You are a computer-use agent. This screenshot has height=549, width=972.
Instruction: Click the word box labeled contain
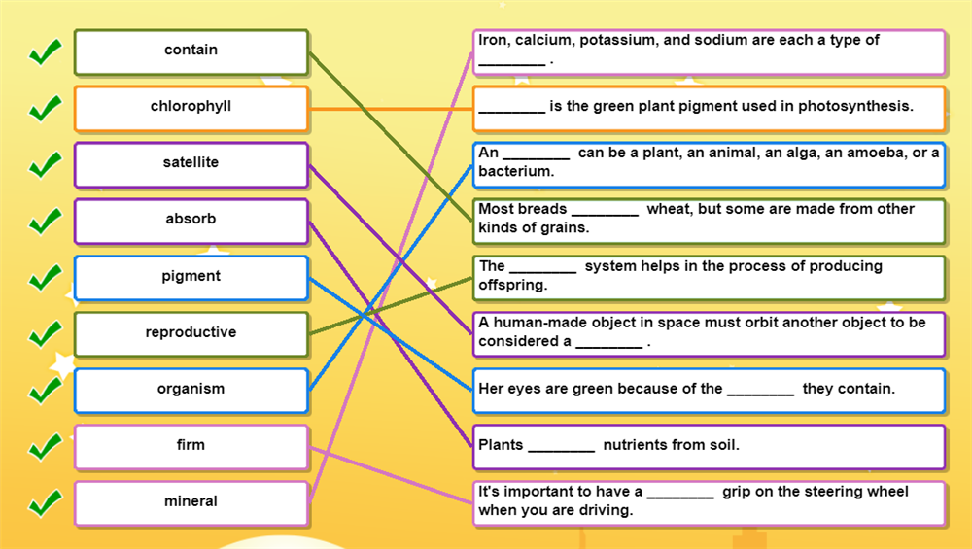click(x=191, y=51)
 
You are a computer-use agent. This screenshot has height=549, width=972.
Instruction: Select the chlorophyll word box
click(x=191, y=108)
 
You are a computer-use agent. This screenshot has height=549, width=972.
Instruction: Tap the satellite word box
click(x=191, y=164)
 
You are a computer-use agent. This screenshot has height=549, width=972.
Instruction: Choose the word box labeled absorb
click(x=191, y=221)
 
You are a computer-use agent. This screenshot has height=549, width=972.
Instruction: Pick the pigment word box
click(x=191, y=278)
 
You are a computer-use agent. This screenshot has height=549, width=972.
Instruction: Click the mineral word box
click(x=191, y=503)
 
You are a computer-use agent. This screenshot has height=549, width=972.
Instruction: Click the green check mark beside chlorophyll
click(x=45, y=108)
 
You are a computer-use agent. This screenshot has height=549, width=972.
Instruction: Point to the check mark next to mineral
click(x=45, y=503)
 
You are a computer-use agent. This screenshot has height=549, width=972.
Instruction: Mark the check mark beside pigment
click(x=45, y=278)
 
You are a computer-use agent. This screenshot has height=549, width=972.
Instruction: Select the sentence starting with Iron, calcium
click(x=709, y=51)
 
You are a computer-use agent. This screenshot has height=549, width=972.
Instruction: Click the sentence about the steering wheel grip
click(x=709, y=501)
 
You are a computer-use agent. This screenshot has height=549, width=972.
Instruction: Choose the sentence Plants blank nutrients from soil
click(x=709, y=446)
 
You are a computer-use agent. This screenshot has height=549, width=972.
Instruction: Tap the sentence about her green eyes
click(x=709, y=390)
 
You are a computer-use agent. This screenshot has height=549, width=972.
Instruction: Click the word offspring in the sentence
click(x=512, y=286)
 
